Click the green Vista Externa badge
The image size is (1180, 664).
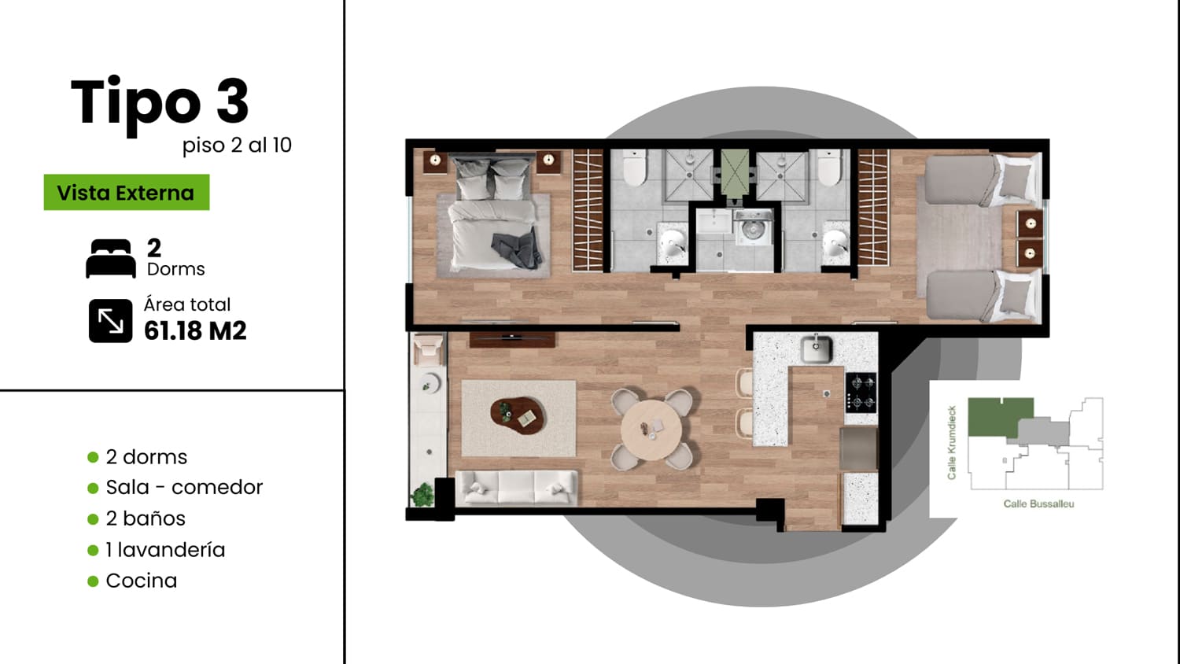click(127, 192)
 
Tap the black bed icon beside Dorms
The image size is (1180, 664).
click(111, 258)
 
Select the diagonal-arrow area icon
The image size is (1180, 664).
click(111, 321)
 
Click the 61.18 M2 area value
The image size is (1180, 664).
click(195, 331)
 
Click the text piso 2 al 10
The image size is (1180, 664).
click(237, 146)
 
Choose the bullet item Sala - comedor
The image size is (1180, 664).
click(184, 488)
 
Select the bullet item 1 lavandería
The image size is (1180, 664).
click(165, 550)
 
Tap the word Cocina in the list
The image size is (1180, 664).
click(141, 581)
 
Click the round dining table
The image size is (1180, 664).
click(651, 430)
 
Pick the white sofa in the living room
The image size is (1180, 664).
click(516, 488)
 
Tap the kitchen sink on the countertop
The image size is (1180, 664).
click(816, 349)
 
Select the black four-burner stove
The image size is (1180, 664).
click(861, 393)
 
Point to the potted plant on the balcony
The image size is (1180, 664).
click(422, 495)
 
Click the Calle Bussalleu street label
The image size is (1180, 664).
click(1038, 504)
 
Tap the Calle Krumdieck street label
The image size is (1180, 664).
click(951, 443)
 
